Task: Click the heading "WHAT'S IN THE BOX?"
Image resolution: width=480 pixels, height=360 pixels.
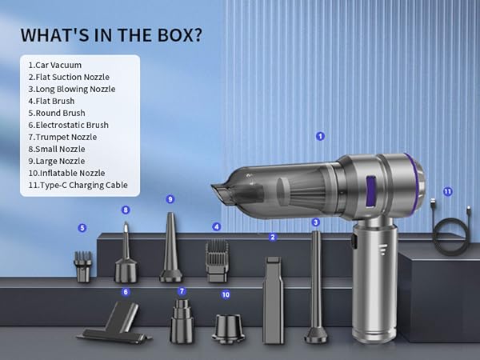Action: [110, 36]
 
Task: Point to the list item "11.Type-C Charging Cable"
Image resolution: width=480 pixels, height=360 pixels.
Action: [78, 185]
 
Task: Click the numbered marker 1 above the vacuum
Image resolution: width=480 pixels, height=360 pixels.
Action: [320, 136]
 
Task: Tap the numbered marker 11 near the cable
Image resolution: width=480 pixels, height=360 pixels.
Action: [448, 192]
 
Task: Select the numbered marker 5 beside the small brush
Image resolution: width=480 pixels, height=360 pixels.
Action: [82, 228]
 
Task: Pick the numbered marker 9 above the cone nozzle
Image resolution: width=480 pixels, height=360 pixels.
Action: [170, 198]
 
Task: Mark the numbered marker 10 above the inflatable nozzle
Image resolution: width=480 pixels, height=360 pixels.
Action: [226, 294]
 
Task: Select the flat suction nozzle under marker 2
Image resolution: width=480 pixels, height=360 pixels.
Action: [274, 298]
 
